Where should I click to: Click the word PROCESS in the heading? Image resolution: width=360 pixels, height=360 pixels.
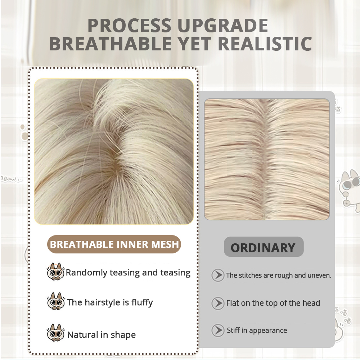click(x=129, y=25)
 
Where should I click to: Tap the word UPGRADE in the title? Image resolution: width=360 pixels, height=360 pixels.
click(x=223, y=25)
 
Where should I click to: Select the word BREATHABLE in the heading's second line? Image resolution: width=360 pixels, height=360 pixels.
click(x=111, y=44)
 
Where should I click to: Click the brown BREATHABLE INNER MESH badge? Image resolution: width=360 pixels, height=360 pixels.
click(x=114, y=244)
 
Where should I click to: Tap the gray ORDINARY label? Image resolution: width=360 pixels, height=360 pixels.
click(x=264, y=247)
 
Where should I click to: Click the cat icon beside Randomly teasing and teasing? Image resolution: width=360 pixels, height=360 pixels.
click(x=55, y=272)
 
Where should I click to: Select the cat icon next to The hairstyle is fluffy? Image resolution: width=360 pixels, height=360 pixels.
click(x=55, y=301)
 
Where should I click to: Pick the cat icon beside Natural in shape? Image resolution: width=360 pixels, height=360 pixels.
click(x=55, y=333)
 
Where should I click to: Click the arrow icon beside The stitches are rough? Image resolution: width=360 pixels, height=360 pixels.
click(x=218, y=275)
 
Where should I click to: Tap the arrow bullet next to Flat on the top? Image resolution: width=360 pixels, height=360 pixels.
click(x=218, y=303)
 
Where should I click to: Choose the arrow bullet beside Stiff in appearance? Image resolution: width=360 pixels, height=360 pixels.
click(x=218, y=330)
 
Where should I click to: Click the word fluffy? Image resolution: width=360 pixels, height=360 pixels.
click(x=142, y=303)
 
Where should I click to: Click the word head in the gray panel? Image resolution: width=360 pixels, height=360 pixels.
click(x=311, y=303)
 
